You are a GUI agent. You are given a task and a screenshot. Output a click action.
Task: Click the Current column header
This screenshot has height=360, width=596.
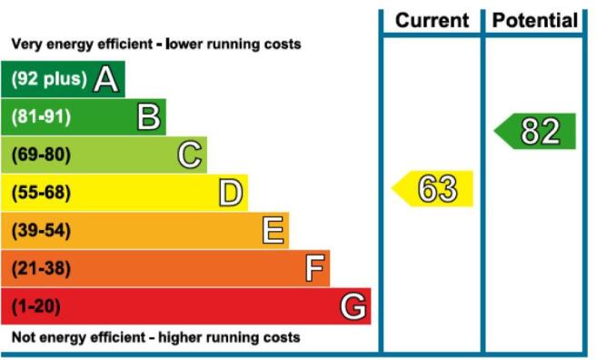432,20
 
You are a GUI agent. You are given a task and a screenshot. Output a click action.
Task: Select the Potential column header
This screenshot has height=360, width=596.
535,20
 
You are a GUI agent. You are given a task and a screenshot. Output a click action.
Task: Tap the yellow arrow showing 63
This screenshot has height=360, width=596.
432,188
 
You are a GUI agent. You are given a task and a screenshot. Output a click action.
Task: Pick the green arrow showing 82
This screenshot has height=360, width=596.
535,131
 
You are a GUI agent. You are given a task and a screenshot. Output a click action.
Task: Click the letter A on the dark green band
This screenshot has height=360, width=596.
106,79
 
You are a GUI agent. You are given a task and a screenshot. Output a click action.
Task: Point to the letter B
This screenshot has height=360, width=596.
149,116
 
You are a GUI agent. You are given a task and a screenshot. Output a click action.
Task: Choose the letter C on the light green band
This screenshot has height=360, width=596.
190,155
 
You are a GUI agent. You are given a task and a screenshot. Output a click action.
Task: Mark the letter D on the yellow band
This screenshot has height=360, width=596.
231,193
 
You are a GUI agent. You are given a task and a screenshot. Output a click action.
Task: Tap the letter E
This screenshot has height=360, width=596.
273,230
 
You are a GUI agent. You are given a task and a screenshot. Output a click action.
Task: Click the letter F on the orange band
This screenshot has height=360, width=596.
315,268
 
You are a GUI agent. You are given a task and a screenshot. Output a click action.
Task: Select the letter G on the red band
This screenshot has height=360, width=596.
353,306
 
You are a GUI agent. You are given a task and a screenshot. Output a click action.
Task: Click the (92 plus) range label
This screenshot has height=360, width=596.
49,79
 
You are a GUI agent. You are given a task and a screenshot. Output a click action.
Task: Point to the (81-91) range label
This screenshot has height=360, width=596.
41,116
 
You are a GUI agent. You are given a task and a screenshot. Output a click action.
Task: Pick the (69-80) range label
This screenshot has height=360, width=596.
41,155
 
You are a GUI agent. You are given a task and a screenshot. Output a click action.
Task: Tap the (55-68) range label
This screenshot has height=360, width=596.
41,193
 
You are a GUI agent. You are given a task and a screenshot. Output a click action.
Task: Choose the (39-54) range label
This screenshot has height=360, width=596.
41,230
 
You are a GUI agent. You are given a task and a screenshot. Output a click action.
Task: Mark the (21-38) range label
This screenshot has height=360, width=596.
41,268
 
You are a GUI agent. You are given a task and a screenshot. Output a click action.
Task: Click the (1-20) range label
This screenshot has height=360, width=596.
36,306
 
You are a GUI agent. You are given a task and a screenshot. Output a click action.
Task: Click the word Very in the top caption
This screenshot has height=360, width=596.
25,45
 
